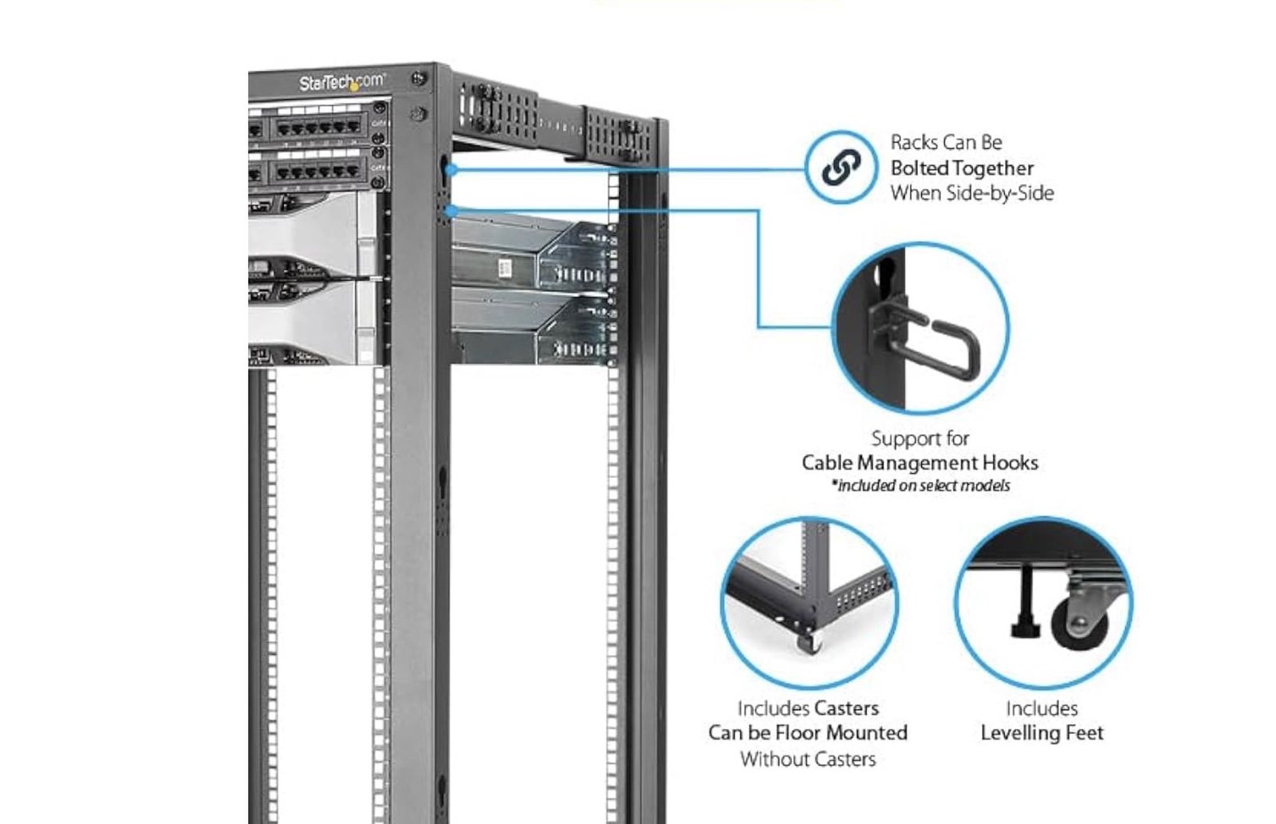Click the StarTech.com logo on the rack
pos(341,82)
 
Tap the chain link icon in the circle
pos(841,167)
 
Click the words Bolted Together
pos(962,168)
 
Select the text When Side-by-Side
pos(972,193)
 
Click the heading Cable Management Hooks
pos(920,463)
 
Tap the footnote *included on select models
pos(921,486)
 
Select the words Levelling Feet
pos(1042,733)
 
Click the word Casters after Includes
pos(846,708)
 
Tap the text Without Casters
pos(808,759)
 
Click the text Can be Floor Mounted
pos(807,733)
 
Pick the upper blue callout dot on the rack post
pos(451,169)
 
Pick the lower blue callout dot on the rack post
pos(451,211)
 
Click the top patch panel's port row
pos(317,128)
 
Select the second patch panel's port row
pos(317,172)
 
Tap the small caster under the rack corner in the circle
pos(809,641)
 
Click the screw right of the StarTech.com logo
pos(418,79)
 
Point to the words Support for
pos(920,439)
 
